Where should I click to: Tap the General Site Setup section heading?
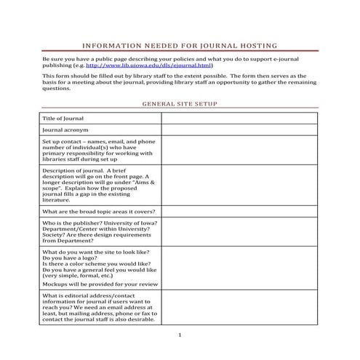click(x=179, y=104)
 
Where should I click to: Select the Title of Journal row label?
click(x=63, y=118)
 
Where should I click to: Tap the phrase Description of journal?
click(x=73, y=170)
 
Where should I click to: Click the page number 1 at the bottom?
click(x=179, y=335)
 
